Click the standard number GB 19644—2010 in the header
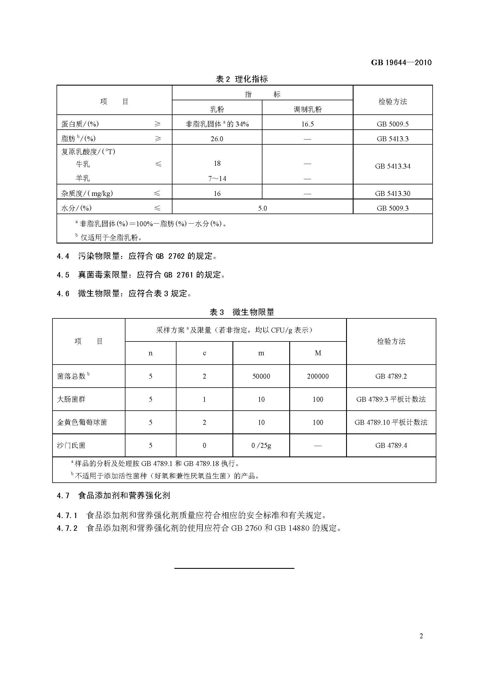tap(401, 63)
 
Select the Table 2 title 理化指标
tap(242, 79)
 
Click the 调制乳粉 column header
tap(307, 109)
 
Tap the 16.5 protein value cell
tap(307, 124)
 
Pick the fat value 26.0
tap(217, 139)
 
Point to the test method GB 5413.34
tap(393, 166)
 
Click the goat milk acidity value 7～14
tap(217, 178)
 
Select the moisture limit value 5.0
tap(262, 208)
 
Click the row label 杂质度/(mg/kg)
tap(87, 193)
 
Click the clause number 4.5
tap(63, 275)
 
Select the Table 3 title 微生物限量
tap(242, 312)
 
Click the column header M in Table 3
tap(318, 353)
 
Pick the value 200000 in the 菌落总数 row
tap(318, 376)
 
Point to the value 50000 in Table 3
tap(261, 376)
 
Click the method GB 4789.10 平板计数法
tap(391, 422)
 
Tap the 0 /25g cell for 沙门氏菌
tap(261, 445)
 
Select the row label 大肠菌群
tap(71, 399)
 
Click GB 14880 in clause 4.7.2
tap(292, 528)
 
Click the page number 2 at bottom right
tap(421, 636)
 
